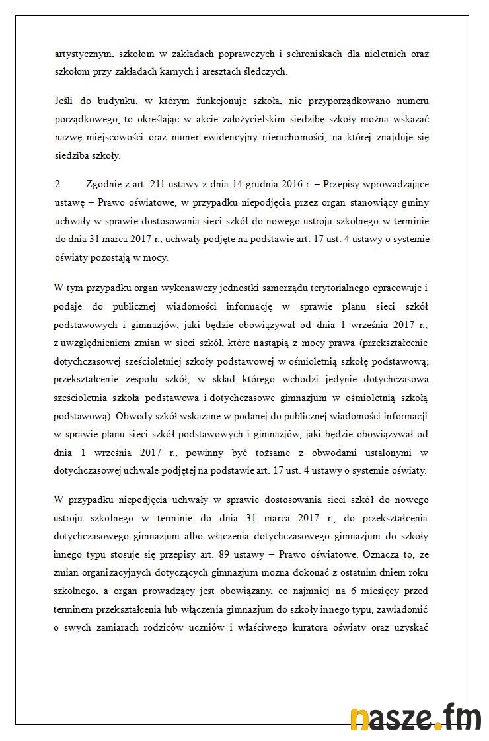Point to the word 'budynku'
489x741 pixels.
[x=113, y=101]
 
